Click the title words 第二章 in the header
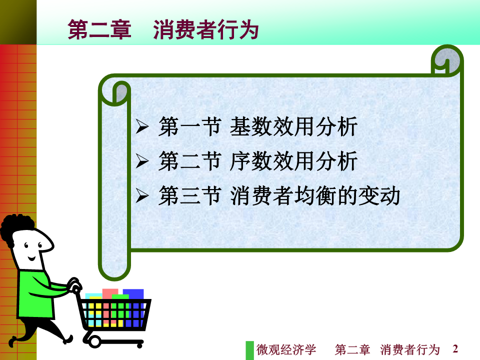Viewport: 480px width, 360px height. pyautogui.click(x=99, y=29)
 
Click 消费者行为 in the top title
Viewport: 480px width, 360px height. pyautogui.click(x=206, y=29)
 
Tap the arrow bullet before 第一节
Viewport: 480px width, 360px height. pyautogui.click(x=142, y=126)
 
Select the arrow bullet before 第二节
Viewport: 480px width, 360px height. pyautogui.click(x=142, y=161)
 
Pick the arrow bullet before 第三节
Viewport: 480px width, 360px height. pyautogui.click(x=142, y=195)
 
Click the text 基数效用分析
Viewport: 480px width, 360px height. pyautogui.click(x=293, y=126)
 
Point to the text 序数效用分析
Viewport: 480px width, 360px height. pyautogui.click(x=293, y=161)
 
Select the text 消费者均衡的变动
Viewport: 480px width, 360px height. pyautogui.click(x=315, y=195)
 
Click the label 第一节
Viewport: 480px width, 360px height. pyautogui.click(x=190, y=126)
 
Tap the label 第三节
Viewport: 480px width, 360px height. pyautogui.click(x=190, y=195)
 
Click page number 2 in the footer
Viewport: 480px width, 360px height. pyautogui.click(x=455, y=348)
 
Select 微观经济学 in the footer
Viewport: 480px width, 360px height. pyautogui.click(x=286, y=349)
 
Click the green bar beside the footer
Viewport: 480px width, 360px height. pyautogui.click(x=250, y=350)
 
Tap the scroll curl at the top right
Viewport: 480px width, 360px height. pyautogui.click(x=447, y=61)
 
